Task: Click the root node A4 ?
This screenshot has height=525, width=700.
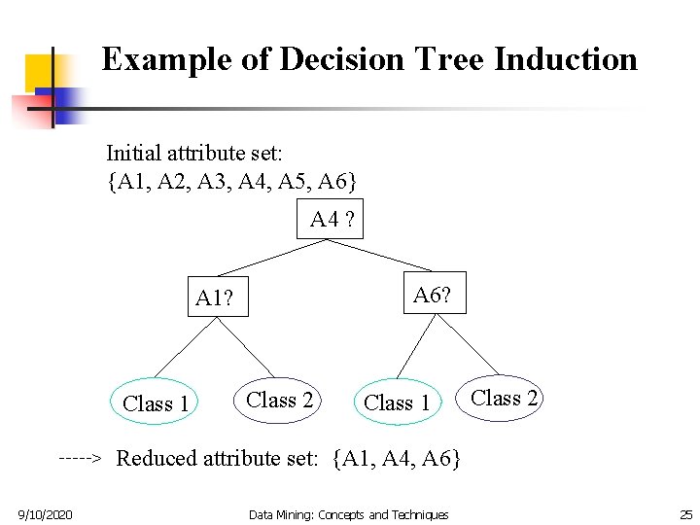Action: (332, 221)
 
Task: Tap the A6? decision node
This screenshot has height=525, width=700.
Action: (432, 295)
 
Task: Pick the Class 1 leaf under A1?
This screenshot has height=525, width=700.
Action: (156, 402)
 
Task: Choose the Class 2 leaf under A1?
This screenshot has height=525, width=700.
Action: (280, 400)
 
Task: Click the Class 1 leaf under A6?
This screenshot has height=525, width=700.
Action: (397, 402)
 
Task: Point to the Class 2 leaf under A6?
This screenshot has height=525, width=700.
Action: (504, 398)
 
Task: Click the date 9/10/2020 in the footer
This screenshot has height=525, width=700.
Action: (45, 513)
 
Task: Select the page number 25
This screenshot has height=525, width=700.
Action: (685, 513)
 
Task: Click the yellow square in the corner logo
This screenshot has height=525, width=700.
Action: (39, 70)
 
